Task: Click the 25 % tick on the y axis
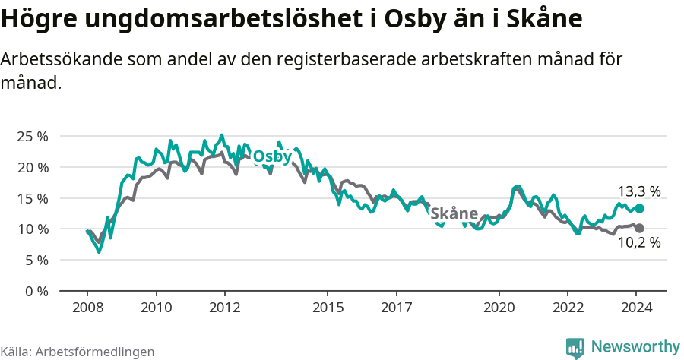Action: pyautogui.click(x=32, y=136)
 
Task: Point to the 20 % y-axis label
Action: pyautogui.click(x=32, y=167)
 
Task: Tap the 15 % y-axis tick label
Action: pyautogui.click(x=32, y=198)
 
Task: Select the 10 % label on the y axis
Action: pyautogui.click(x=32, y=229)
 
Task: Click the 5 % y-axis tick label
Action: pyautogui.click(x=36, y=260)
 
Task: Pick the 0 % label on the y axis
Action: pyautogui.click(x=36, y=291)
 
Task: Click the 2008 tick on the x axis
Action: pyautogui.click(x=87, y=308)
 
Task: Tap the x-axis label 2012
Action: pyautogui.click(x=225, y=308)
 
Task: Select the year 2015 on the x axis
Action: pyautogui.click(x=328, y=308)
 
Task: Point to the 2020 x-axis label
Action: pyautogui.click(x=499, y=308)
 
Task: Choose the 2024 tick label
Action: pyautogui.click(x=637, y=308)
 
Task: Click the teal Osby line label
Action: pyautogui.click(x=272, y=156)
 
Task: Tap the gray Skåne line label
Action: pyautogui.click(x=454, y=214)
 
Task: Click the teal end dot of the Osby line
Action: pyautogui.click(x=640, y=208)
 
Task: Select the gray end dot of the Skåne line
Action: pyautogui.click(x=640, y=228)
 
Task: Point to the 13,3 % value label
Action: pyautogui.click(x=638, y=191)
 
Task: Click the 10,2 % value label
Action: pyautogui.click(x=638, y=243)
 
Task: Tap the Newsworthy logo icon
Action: pyautogui.click(x=575, y=347)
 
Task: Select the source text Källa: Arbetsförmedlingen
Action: pyautogui.click(x=78, y=352)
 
